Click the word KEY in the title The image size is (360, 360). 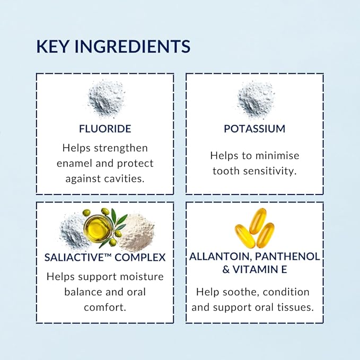click(x=52, y=46)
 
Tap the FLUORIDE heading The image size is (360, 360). click(x=105, y=128)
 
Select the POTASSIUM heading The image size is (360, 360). click(x=254, y=128)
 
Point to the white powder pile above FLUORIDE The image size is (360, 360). click(x=107, y=98)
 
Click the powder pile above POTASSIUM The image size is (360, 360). click(x=256, y=99)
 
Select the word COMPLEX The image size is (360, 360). click(x=140, y=257)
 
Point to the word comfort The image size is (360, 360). click(x=105, y=308)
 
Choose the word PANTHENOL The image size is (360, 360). click(x=287, y=257)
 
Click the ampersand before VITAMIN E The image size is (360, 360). click(x=226, y=269)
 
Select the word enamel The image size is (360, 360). click(x=74, y=163)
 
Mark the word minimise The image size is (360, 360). click(x=277, y=156)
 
